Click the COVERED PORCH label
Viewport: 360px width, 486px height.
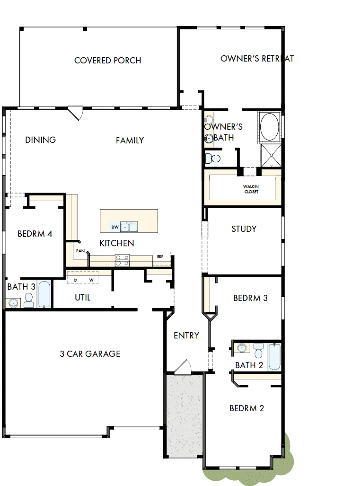pos(108,61)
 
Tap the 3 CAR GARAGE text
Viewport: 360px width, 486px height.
pos(90,353)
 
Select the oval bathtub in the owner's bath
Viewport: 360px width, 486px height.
pos(270,127)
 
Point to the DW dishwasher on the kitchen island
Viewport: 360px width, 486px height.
pos(114,228)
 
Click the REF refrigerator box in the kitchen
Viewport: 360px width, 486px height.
pos(160,256)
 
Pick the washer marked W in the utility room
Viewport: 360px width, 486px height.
pos(91,280)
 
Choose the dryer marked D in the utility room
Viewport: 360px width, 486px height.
pos(75,280)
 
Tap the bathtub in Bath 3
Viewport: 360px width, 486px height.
pos(44,294)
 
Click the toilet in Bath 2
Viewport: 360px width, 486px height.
pos(258,351)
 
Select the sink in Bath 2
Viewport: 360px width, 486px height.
pos(242,348)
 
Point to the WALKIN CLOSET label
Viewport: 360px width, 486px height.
pos(251,189)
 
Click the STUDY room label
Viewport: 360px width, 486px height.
pos(244,229)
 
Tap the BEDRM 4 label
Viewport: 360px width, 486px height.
pos(35,234)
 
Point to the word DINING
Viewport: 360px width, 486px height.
pos(40,140)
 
